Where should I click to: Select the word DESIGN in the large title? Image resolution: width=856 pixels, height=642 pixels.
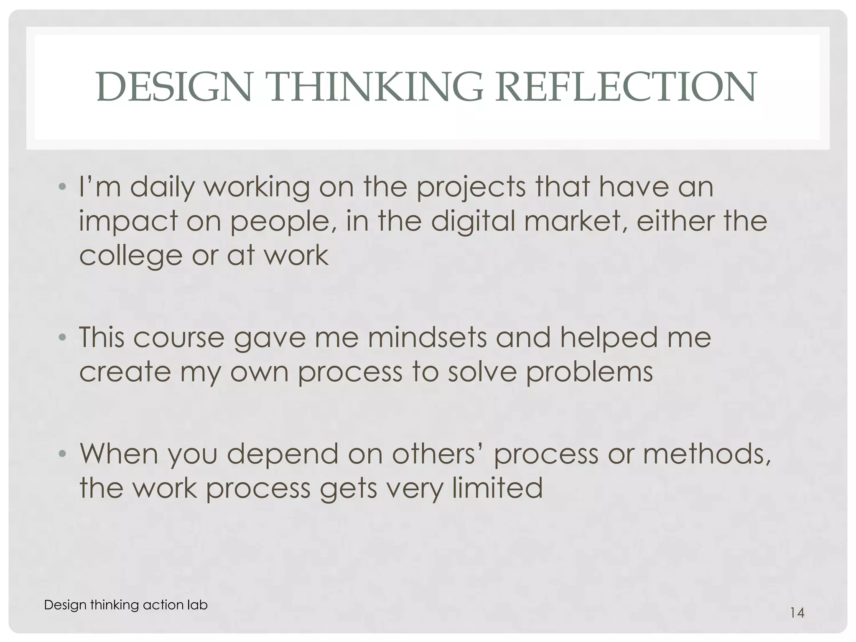point(174,87)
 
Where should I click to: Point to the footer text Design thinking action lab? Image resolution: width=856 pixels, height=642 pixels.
point(125,605)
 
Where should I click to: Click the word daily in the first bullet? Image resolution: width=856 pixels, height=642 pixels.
point(162,188)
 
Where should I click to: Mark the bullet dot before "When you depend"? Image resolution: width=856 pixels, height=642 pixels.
point(62,453)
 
